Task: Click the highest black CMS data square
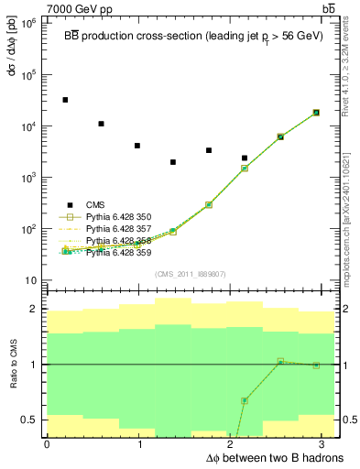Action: [x=65, y=100]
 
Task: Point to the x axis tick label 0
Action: [x=47, y=444]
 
